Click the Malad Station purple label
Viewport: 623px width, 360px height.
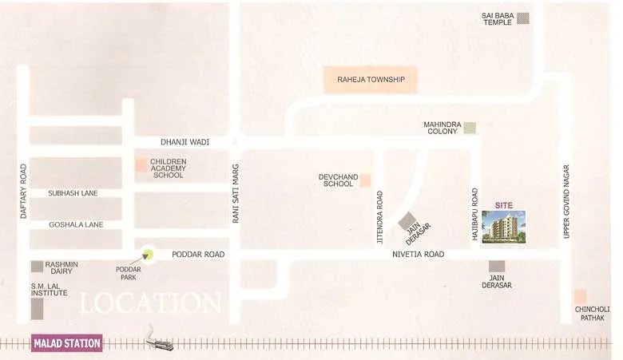tap(67, 344)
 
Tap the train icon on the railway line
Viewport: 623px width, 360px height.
tap(160, 342)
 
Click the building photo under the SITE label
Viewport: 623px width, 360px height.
tap(504, 227)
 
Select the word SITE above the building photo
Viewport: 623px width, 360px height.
tap(503, 205)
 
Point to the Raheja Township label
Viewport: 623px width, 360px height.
tap(371, 80)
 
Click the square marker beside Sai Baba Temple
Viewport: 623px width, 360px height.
tap(522, 18)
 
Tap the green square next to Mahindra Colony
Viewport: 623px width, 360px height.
tap(470, 127)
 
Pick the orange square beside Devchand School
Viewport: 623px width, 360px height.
tap(365, 180)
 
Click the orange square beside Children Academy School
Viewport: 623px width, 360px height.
tap(141, 165)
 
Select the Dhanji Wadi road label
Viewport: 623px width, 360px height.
tap(185, 142)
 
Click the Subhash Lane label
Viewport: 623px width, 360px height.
tap(73, 193)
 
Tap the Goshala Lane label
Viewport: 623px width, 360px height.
tap(76, 225)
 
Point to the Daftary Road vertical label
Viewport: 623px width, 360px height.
tap(23, 192)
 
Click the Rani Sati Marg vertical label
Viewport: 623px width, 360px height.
tap(236, 193)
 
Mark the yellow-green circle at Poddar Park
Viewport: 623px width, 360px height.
tap(148, 255)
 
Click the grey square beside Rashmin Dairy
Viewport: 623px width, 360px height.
tap(37, 267)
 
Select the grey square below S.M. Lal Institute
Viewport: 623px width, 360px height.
tap(37, 309)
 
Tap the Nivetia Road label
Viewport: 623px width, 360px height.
tap(418, 255)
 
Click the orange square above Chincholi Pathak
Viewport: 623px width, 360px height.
tap(580, 296)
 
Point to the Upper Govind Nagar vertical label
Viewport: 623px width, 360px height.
tap(566, 201)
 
